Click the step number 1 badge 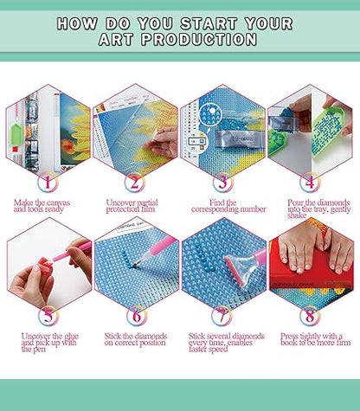[48, 182]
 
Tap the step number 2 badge [135, 182]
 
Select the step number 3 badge [222, 182]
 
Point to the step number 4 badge [310, 182]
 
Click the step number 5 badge [48, 316]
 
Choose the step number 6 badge [137, 316]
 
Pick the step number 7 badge [222, 316]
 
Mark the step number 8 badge [310, 316]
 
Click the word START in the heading [209, 23]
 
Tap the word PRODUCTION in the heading [199, 39]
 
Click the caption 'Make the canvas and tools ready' [42, 206]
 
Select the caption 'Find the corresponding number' [228, 206]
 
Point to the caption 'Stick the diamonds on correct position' [136, 339]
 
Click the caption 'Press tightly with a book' [316, 339]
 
